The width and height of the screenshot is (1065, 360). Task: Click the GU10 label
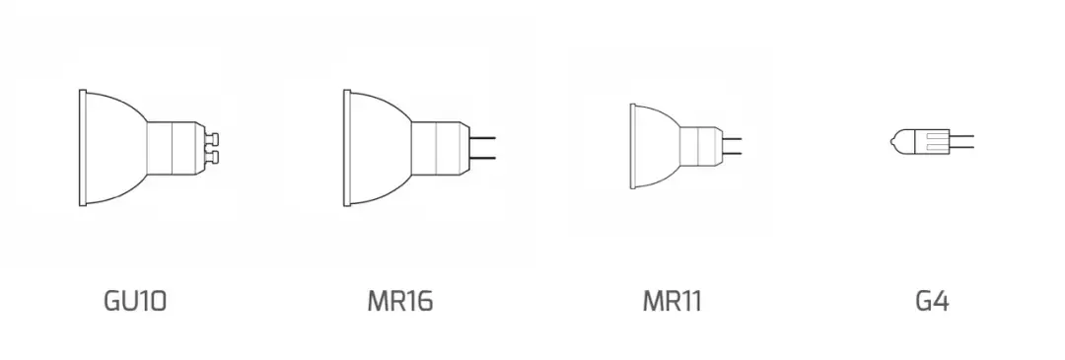(x=134, y=300)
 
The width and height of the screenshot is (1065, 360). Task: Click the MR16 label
(x=400, y=300)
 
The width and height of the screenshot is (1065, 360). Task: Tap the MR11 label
(x=672, y=300)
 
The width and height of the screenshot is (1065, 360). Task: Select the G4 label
(x=932, y=300)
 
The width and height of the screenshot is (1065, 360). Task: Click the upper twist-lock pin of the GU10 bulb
(x=213, y=140)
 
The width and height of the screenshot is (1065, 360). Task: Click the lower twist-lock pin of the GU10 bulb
(x=213, y=157)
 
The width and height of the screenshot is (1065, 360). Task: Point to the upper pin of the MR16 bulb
(x=482, y=138)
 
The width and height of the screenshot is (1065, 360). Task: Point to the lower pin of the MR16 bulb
(x=482, y=158)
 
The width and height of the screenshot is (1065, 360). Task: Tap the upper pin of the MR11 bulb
(x=732, y=139)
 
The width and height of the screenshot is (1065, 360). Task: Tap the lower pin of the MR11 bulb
(x=732, y=154)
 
